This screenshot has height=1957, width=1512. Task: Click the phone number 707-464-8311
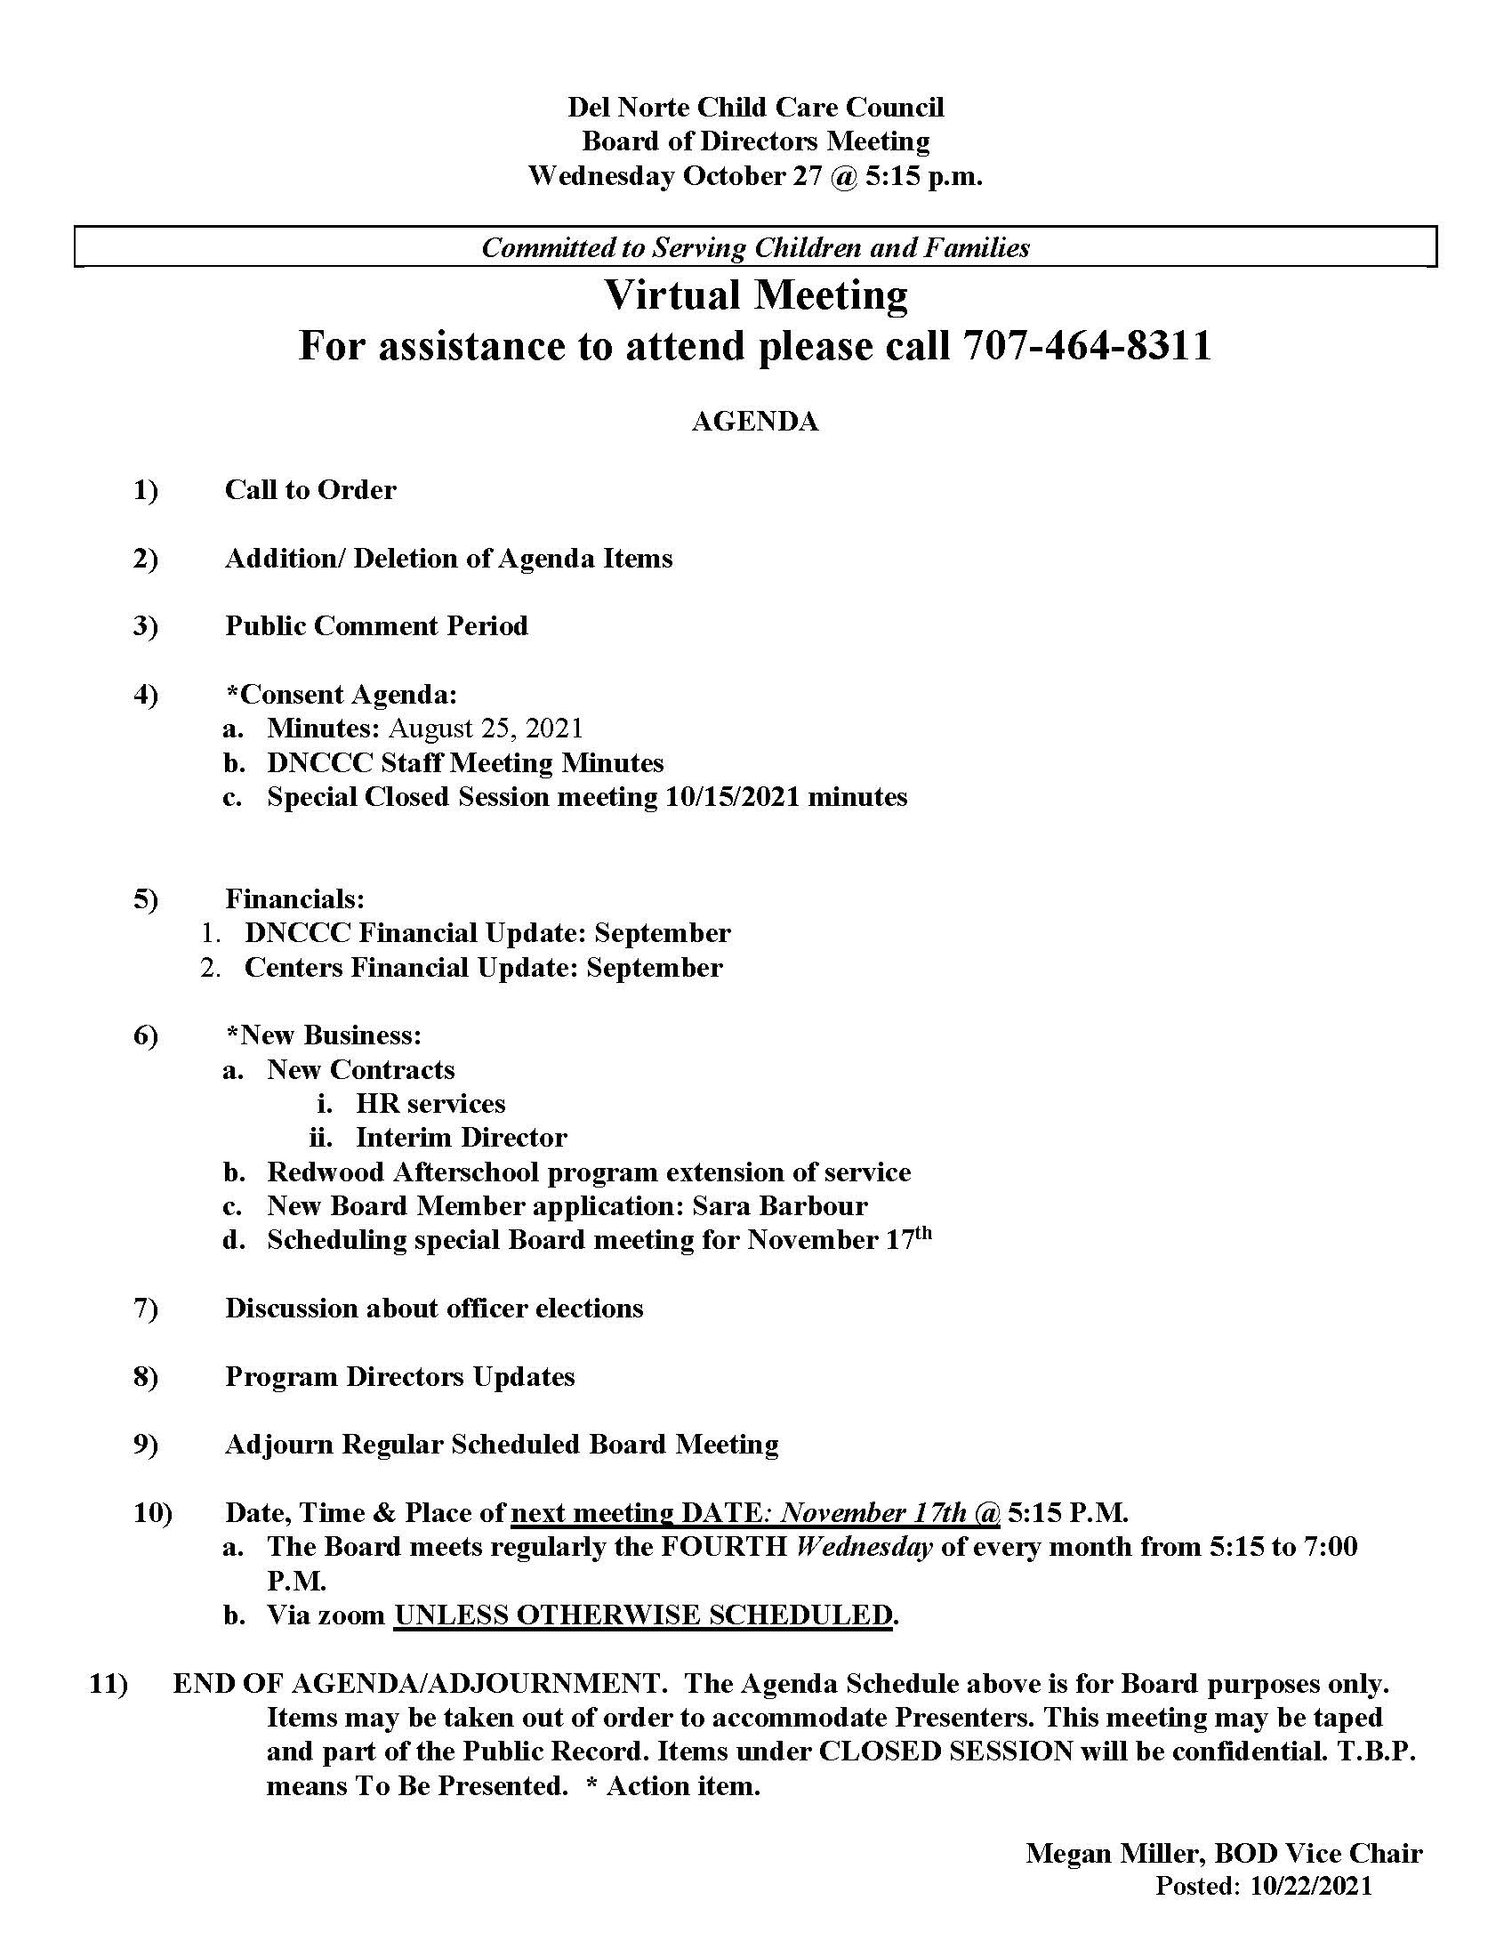1087,346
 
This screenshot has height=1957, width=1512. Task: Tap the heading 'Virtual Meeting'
756,294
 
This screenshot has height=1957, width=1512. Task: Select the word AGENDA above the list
755,422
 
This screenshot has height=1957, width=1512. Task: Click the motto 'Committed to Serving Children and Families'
756,247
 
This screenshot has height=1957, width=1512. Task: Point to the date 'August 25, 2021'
486,729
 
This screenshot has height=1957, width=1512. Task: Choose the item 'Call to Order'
310,490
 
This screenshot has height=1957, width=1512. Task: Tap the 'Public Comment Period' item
376,625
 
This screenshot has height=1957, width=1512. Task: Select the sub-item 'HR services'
430,1103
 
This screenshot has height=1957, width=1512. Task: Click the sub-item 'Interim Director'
462,1137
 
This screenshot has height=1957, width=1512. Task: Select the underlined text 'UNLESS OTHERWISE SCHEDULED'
643,1615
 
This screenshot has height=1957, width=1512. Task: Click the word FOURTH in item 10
724,1547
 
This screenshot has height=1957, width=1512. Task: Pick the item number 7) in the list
146,1309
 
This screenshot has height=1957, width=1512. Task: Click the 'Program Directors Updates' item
399,1376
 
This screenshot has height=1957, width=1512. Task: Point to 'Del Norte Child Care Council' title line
756,108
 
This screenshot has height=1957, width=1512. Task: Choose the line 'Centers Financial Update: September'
483,968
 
